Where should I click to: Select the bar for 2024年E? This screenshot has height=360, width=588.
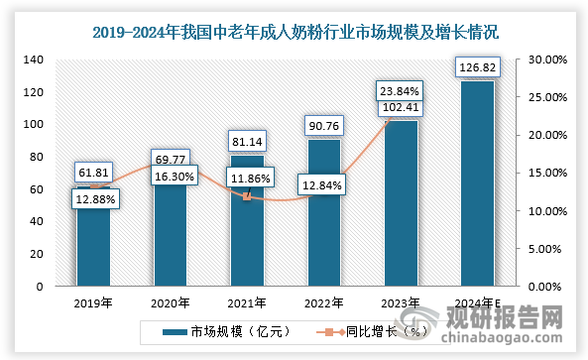pos(476,188)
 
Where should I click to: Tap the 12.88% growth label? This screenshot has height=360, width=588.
pos(95,199)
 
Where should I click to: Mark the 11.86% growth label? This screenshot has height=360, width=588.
pos(247,177)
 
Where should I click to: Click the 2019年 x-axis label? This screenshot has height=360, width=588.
pos(94,301)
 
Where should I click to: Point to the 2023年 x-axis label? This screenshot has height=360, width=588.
pos(400,301)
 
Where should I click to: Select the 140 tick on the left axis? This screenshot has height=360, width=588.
pos(36,60)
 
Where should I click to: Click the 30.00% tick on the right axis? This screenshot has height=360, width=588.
pos(544,60)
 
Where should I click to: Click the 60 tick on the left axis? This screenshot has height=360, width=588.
pos(39,189)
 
